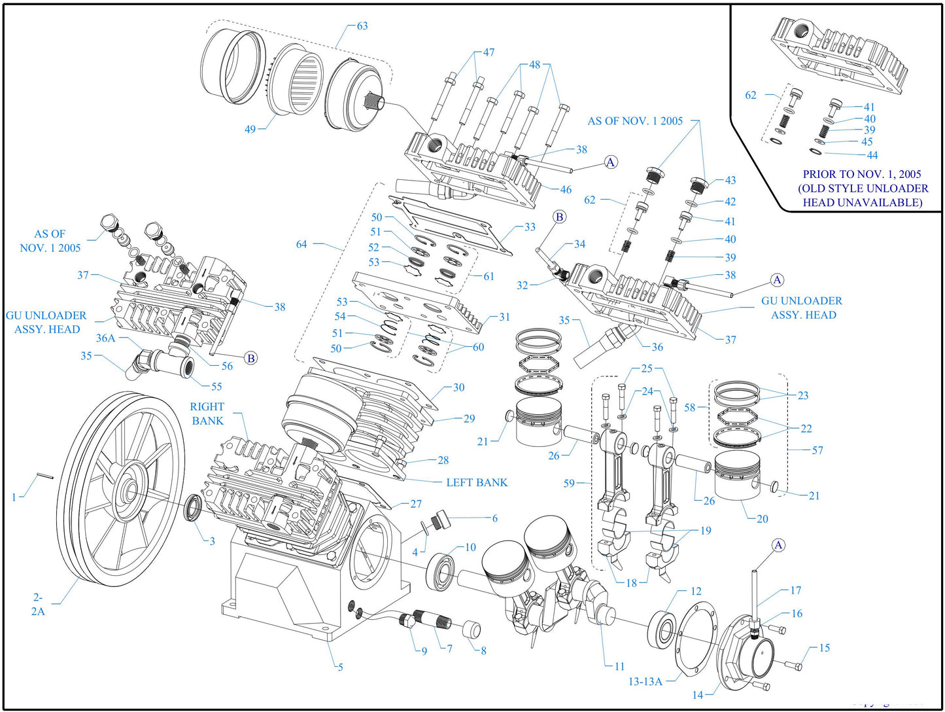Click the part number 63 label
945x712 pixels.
[x=362, y=26]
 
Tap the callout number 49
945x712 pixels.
[x=250, y=130]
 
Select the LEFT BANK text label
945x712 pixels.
[x=476, y=483]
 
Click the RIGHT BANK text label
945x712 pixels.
[x=207, y=414]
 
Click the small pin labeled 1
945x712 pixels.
[x=44, y=476]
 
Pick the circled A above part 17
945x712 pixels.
[x=778, y=545]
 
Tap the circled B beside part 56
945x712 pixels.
[x=250, y=358]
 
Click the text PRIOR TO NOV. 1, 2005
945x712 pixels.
[x=861, y=175]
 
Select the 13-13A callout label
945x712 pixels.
[x=645, y=682]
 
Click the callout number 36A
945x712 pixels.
[x=105, y=338]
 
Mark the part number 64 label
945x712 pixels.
[x=301, y=244]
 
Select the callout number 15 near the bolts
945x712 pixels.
[x=824, y=648]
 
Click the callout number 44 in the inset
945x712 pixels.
[x=872, y=156]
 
